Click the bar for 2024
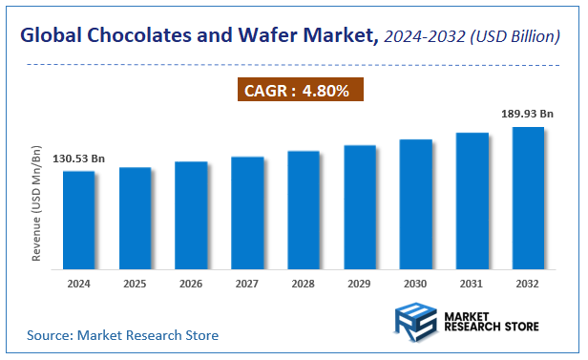point(78,221)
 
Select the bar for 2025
point(135,219)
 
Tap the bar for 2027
point(247,213)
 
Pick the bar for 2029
point(360,207)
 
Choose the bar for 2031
point(472,201)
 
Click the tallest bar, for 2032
point(528,198)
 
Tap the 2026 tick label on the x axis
point(191,284)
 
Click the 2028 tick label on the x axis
point(304,284)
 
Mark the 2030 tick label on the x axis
point(416,284)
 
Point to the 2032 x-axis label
point(528,284)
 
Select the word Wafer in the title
point(279,37)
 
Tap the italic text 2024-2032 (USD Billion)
point(473,37)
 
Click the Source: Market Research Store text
point(122,335)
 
